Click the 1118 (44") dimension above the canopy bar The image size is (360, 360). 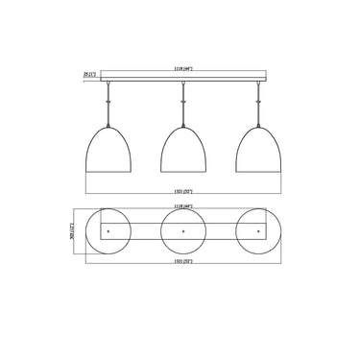click(183, 66)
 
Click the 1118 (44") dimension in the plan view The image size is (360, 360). click(183, 206)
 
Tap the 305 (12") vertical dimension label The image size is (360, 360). click(76, 231)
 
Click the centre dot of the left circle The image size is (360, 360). click(108, 231)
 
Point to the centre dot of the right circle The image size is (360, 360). click(258, 231)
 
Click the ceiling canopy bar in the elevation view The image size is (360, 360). click(183, 74)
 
